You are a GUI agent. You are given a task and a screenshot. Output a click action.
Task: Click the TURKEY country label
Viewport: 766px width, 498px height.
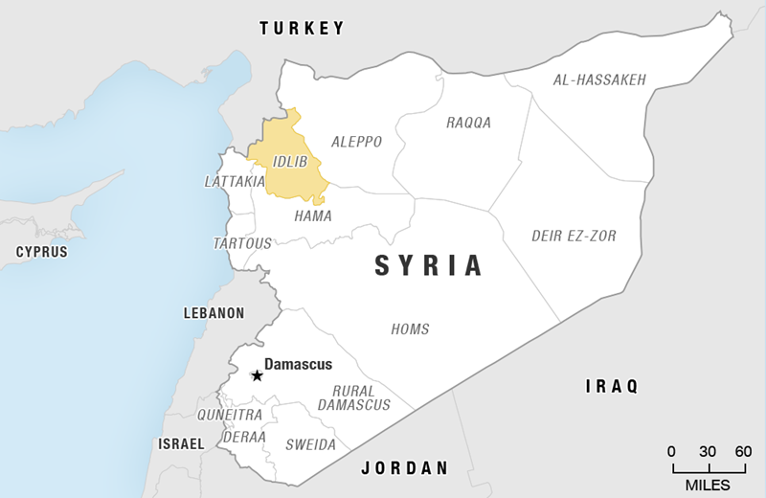click(302, 29)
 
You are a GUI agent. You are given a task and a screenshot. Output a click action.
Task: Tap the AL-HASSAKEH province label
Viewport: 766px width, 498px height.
click(599, 79)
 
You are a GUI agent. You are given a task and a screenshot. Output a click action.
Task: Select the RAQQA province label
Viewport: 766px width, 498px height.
click(468, 123)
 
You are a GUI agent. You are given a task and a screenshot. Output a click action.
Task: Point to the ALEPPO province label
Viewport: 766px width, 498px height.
click(356, 142)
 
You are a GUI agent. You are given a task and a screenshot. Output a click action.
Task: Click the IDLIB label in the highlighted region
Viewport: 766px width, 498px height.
click(289, 161)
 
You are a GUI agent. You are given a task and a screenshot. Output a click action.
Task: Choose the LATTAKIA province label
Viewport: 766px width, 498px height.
click(235, 181)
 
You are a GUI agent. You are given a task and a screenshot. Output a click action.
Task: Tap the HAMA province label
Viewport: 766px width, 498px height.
click(313, 216)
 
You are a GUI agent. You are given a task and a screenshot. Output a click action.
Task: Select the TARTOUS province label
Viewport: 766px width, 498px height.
click(242, 244)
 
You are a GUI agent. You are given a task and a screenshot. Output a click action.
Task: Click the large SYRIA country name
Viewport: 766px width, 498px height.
click(428, 266)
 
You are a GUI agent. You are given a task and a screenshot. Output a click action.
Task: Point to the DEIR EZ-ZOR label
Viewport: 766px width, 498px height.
click(574, 236)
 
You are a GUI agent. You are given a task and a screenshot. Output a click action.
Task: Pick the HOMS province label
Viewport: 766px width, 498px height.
click(410, 329)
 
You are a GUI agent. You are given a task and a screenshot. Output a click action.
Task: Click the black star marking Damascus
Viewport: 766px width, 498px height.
click(257, 375)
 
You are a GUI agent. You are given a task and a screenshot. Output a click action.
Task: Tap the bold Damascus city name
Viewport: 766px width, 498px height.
click(298, 365)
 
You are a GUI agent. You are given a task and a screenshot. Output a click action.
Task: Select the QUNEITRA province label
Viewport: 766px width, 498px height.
click(229, 415)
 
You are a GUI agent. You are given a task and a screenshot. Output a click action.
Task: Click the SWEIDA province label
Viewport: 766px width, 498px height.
click(311, 445)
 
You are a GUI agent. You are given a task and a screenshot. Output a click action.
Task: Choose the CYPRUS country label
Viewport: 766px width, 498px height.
click(41, 252)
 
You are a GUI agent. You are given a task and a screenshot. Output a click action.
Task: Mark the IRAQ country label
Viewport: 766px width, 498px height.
click(611, 386)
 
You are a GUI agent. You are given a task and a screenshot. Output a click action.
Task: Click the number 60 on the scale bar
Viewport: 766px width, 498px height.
click(743, 451)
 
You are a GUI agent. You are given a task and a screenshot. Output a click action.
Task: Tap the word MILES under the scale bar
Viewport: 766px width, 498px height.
click(708, 485)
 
